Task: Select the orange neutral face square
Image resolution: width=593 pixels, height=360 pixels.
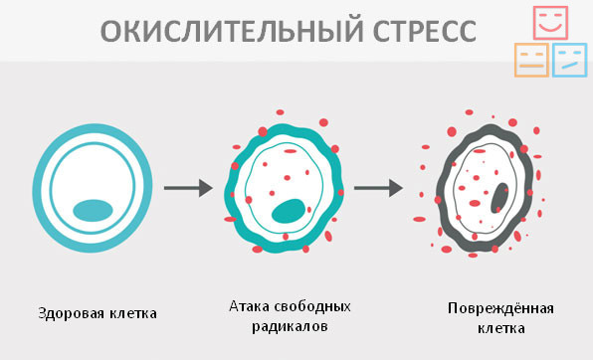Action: click(530, 61)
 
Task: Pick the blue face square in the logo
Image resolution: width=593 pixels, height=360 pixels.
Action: click(569, 61)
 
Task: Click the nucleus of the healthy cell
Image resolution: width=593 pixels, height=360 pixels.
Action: click(92, 210)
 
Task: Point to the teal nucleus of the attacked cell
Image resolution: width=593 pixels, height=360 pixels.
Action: click(289, 211)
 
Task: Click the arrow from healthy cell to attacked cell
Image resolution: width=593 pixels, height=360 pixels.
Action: click(187, 187)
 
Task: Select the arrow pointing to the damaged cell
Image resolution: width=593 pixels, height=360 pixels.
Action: click(378, 187)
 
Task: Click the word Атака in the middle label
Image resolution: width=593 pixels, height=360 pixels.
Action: click(248, 305)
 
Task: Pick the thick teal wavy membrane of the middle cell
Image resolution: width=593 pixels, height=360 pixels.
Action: click(236, 187)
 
